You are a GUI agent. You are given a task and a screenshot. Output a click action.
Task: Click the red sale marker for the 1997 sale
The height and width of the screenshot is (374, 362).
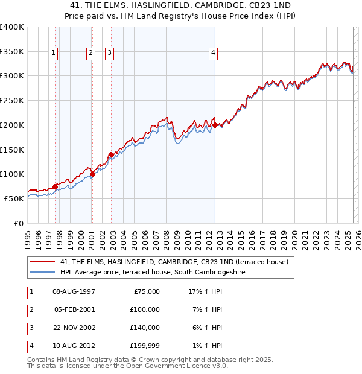pyautogui.click(x=55, y=186)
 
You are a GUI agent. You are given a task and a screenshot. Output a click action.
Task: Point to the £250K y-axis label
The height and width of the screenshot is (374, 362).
pyautogui.click(x=12, y=100)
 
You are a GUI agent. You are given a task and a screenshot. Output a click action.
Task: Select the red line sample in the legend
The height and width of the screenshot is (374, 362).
pyautogui.click(x=42, y=262)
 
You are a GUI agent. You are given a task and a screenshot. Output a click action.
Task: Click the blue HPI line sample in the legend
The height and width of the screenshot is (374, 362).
pyautogui.click(x=42, y=272)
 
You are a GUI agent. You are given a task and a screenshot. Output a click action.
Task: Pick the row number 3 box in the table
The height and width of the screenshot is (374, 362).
pyautogui.click(x=31, y=328)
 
